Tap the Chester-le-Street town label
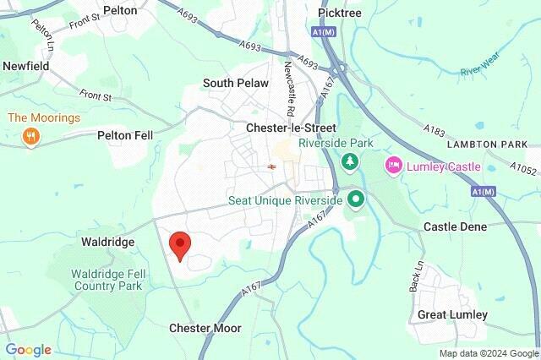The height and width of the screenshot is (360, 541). (286, 128)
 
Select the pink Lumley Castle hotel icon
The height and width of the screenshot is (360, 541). (393, 166)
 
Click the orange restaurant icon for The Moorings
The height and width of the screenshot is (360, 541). (31, 136)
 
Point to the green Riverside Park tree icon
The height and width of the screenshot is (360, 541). (347, 161)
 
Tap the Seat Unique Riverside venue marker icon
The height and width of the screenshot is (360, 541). (356, 200)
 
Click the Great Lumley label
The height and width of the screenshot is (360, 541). (452, 314)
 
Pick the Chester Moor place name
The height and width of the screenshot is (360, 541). (205, 328)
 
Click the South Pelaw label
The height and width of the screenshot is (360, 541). (235, 84)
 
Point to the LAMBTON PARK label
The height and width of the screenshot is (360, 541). (492, 145)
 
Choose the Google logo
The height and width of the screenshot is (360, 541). (29, 350)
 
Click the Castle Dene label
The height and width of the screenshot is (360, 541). (455, 227)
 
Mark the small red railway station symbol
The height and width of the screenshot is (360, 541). (270, 166)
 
